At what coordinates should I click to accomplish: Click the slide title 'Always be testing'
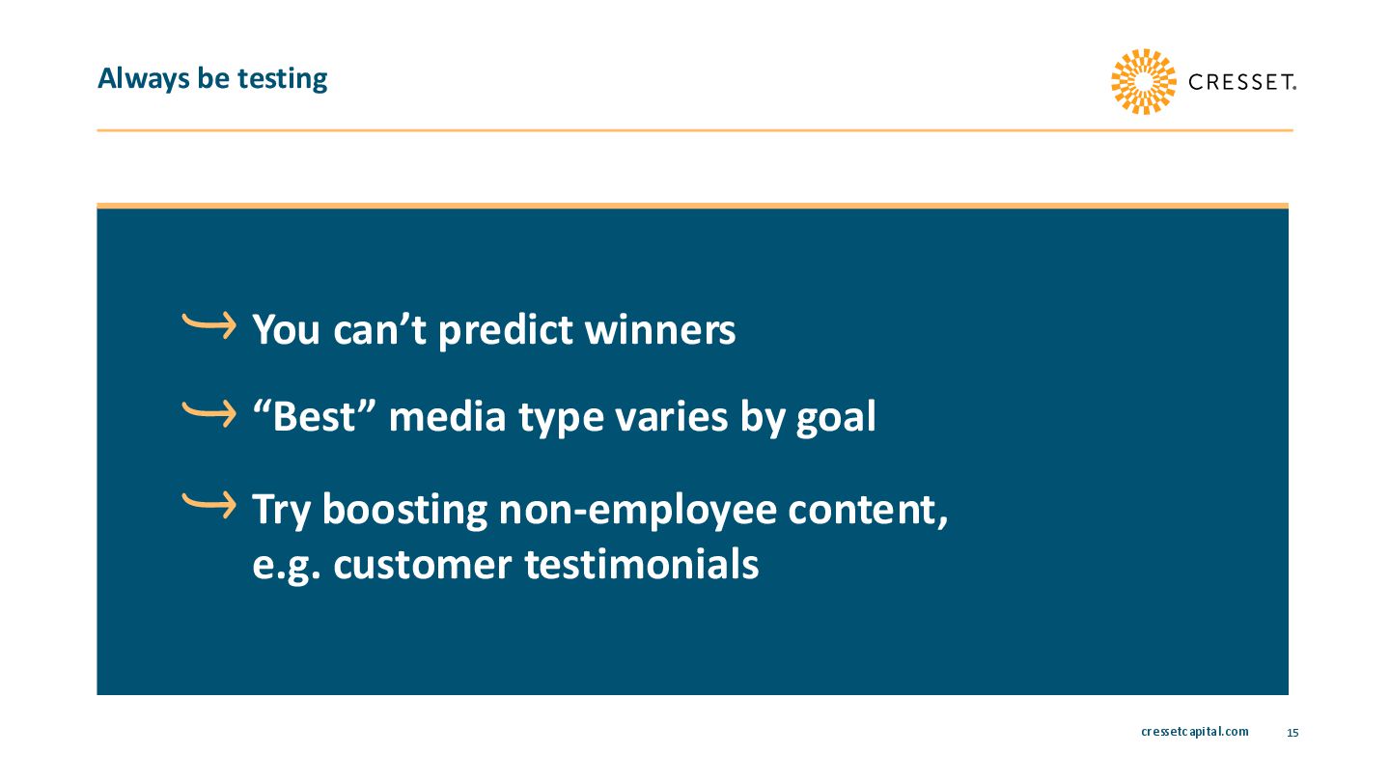pos(212,79)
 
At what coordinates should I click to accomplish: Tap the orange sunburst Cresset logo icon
pos(1143,81)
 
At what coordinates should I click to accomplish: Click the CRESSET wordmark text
pos(1241,82)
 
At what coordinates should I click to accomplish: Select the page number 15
pos(1293,733)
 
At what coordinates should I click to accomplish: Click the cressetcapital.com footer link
pos(1195,732)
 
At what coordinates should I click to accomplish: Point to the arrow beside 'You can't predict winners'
pos(209,325)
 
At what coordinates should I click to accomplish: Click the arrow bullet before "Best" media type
pos(209,414)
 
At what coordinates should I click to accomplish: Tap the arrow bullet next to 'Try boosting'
pos(209,505)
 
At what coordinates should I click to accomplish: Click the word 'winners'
pos(660,329)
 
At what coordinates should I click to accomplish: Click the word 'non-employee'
pos(638,511)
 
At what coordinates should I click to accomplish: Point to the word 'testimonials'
pos(642,565)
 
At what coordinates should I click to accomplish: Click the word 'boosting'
pos(404,511)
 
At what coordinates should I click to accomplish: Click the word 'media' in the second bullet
pos(447,417)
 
